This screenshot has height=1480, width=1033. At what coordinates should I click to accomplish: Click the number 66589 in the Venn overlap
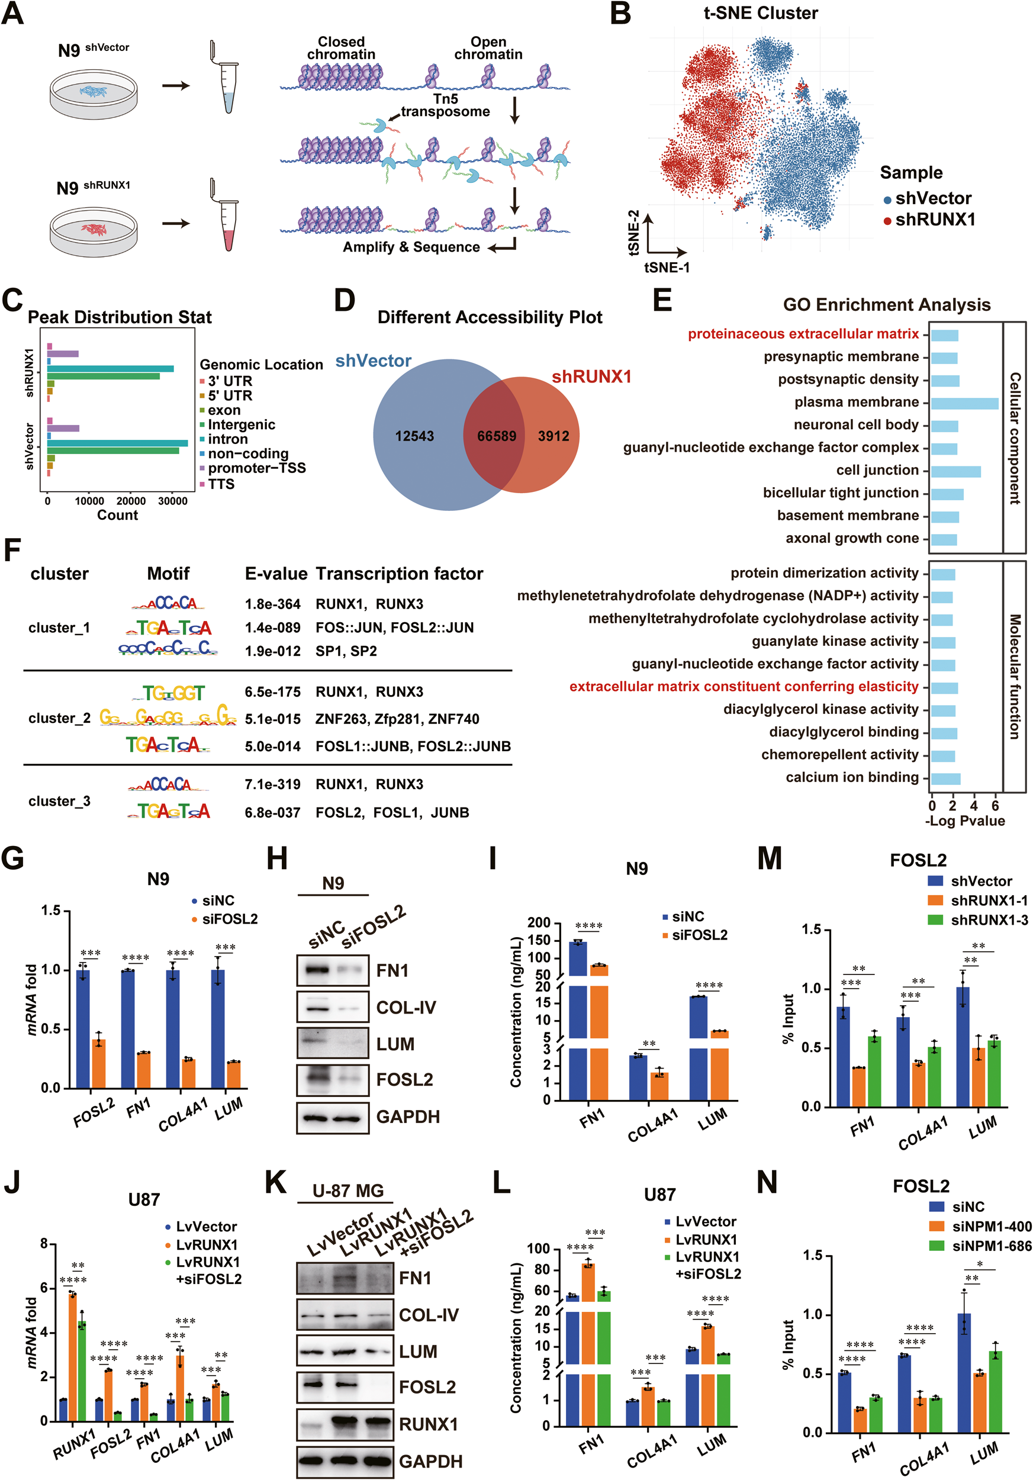(x=496, y=436)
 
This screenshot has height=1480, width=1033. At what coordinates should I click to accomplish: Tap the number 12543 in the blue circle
(x=414, y=436)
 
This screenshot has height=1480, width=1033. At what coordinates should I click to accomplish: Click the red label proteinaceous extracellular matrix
(x=803, y=334)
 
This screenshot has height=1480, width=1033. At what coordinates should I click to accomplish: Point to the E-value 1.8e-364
(x=272, y=604)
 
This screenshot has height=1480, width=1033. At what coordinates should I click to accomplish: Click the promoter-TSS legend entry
(x=256, y=468)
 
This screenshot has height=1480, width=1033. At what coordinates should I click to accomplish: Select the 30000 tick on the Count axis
(x=173, y=501)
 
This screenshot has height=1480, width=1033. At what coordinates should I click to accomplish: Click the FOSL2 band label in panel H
(x=405, y=1080)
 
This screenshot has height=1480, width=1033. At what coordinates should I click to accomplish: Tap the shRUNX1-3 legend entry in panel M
(x=989, y=920)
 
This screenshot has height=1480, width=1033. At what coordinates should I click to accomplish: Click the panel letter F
(x=12, y=552)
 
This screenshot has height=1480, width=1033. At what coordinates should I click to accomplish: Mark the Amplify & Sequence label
(x=411, y=247)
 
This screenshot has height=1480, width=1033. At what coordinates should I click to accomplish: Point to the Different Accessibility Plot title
(x=490, y=317)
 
